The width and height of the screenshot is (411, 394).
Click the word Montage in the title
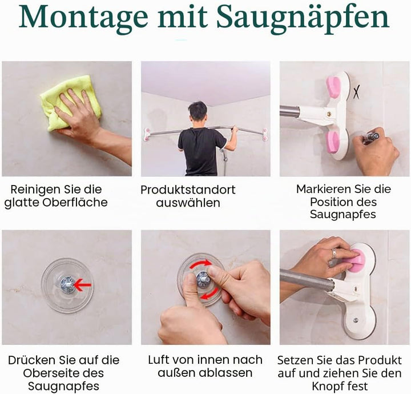(83, 18)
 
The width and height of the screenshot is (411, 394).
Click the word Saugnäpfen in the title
(303, 18)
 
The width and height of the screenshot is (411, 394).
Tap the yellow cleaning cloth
(70, 103)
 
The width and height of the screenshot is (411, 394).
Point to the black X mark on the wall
(356, 92)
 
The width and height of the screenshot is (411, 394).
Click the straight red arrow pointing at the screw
(83, 284)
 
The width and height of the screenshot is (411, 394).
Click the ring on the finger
(335, 253)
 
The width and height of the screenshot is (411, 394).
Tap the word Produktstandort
(188, 190)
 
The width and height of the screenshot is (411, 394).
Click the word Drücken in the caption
(32, 360)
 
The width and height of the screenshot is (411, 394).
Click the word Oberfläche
(75, 202)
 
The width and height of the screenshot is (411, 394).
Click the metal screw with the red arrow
(67, 284)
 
